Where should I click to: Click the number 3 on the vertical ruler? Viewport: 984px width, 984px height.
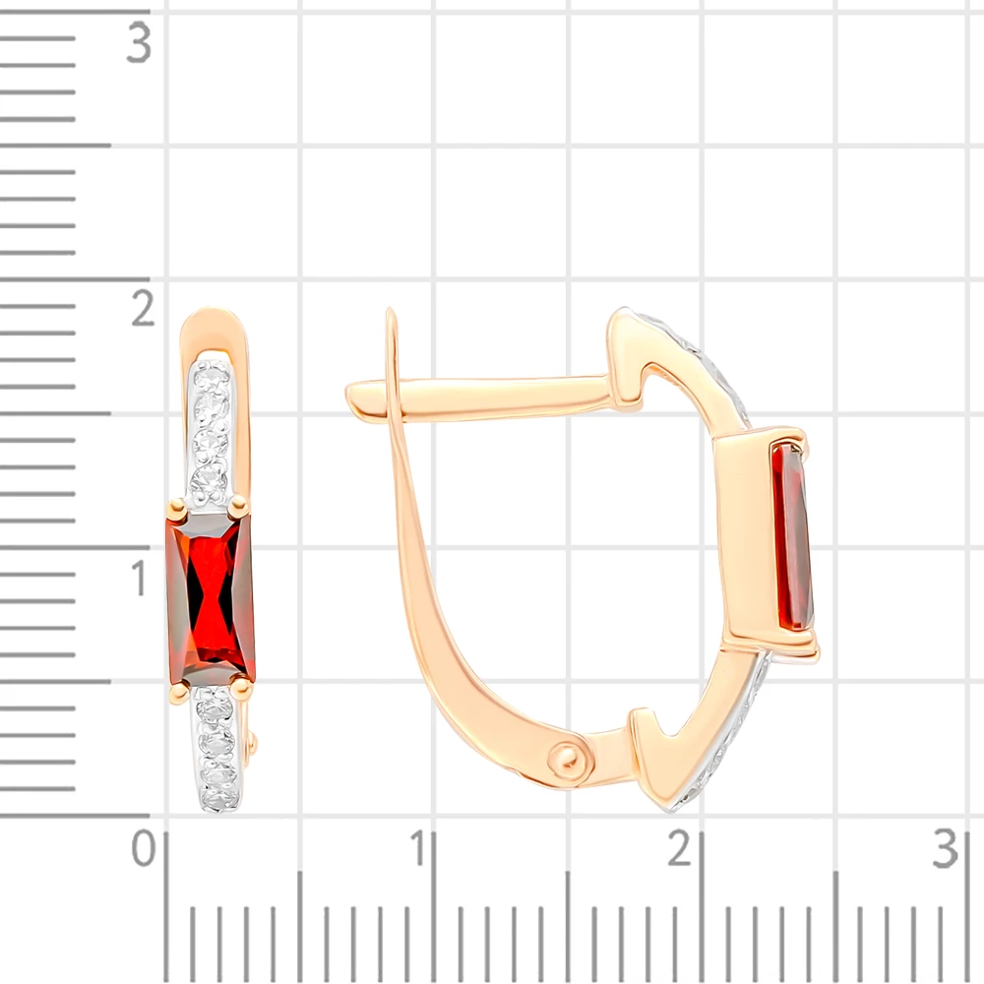coord(139,42)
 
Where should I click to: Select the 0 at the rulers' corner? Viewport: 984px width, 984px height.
coord(143,848)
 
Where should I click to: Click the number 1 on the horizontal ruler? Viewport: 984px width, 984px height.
coord(419,848)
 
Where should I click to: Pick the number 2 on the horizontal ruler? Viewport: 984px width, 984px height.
coord(680,848)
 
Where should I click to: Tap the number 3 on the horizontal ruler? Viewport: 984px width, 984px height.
coord(946,848)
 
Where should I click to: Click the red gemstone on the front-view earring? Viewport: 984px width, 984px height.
coord(211,598)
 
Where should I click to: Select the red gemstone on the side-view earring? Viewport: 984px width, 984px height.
coord(792,536)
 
